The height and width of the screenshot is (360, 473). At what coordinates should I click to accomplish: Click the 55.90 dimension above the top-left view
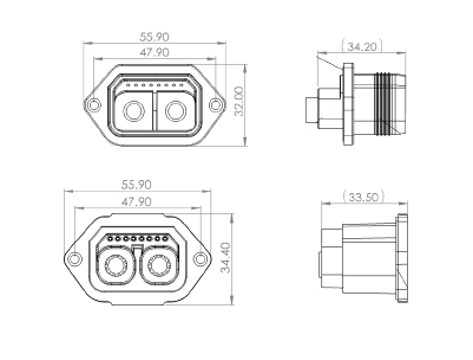154,37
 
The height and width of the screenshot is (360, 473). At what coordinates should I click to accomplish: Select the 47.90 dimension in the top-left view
154,52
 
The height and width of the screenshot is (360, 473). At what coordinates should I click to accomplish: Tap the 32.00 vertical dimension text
239,101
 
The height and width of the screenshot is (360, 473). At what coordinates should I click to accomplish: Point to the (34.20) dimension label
362,46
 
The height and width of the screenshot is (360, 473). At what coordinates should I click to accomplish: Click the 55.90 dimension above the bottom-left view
136,185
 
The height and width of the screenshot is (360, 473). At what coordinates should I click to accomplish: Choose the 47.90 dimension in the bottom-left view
136,202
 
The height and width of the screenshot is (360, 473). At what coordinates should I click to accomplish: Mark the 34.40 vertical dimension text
226,257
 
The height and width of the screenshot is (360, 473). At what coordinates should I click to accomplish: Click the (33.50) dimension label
364,197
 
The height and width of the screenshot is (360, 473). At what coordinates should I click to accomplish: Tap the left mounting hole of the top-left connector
94,105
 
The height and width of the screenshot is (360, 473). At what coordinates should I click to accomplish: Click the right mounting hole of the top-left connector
215,105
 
